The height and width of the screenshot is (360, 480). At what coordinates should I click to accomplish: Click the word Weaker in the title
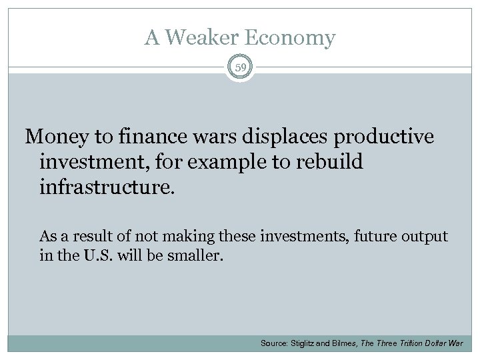pyautogui.click(x=195, y=38)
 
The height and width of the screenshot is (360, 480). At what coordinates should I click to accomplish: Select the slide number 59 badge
pyautogui.click(x=240, y=66)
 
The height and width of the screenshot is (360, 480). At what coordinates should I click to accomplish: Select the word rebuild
pyautogui.click(x=330, y=162)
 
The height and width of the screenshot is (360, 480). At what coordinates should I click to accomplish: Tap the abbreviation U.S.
pyautogui.click(x=95, y=254)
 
